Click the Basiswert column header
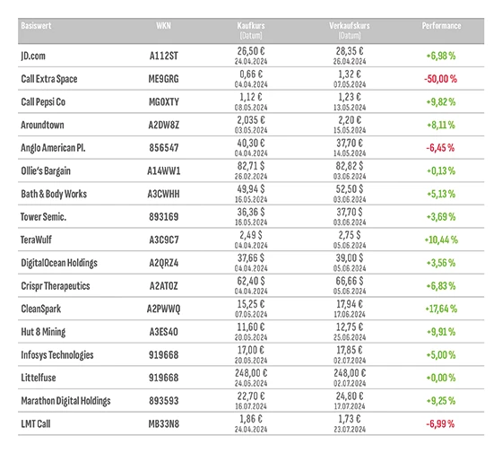pos(37,27)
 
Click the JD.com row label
pos(37,56)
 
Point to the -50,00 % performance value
pos(440,79)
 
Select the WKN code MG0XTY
pos(164,102)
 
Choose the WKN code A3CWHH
pos(165,194)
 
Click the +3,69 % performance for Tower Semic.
pos(440,217)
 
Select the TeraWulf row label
pos(39,240)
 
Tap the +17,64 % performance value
pos(440,309)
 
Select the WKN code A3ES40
pos(164,332)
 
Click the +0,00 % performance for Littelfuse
pos(440,378)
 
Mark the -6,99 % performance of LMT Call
pos(440,423)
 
